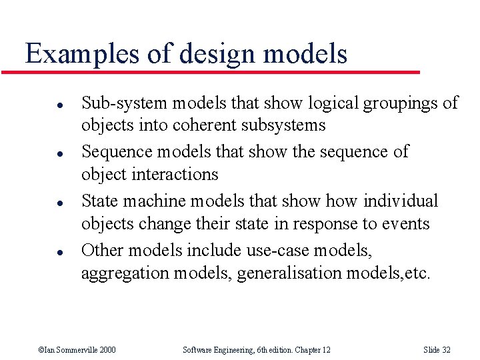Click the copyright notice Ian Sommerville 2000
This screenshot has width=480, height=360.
click(x=77, y=350)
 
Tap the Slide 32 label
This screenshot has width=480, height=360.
click(x=437, y=350)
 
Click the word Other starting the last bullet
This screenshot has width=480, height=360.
click(x=102, y=251)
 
